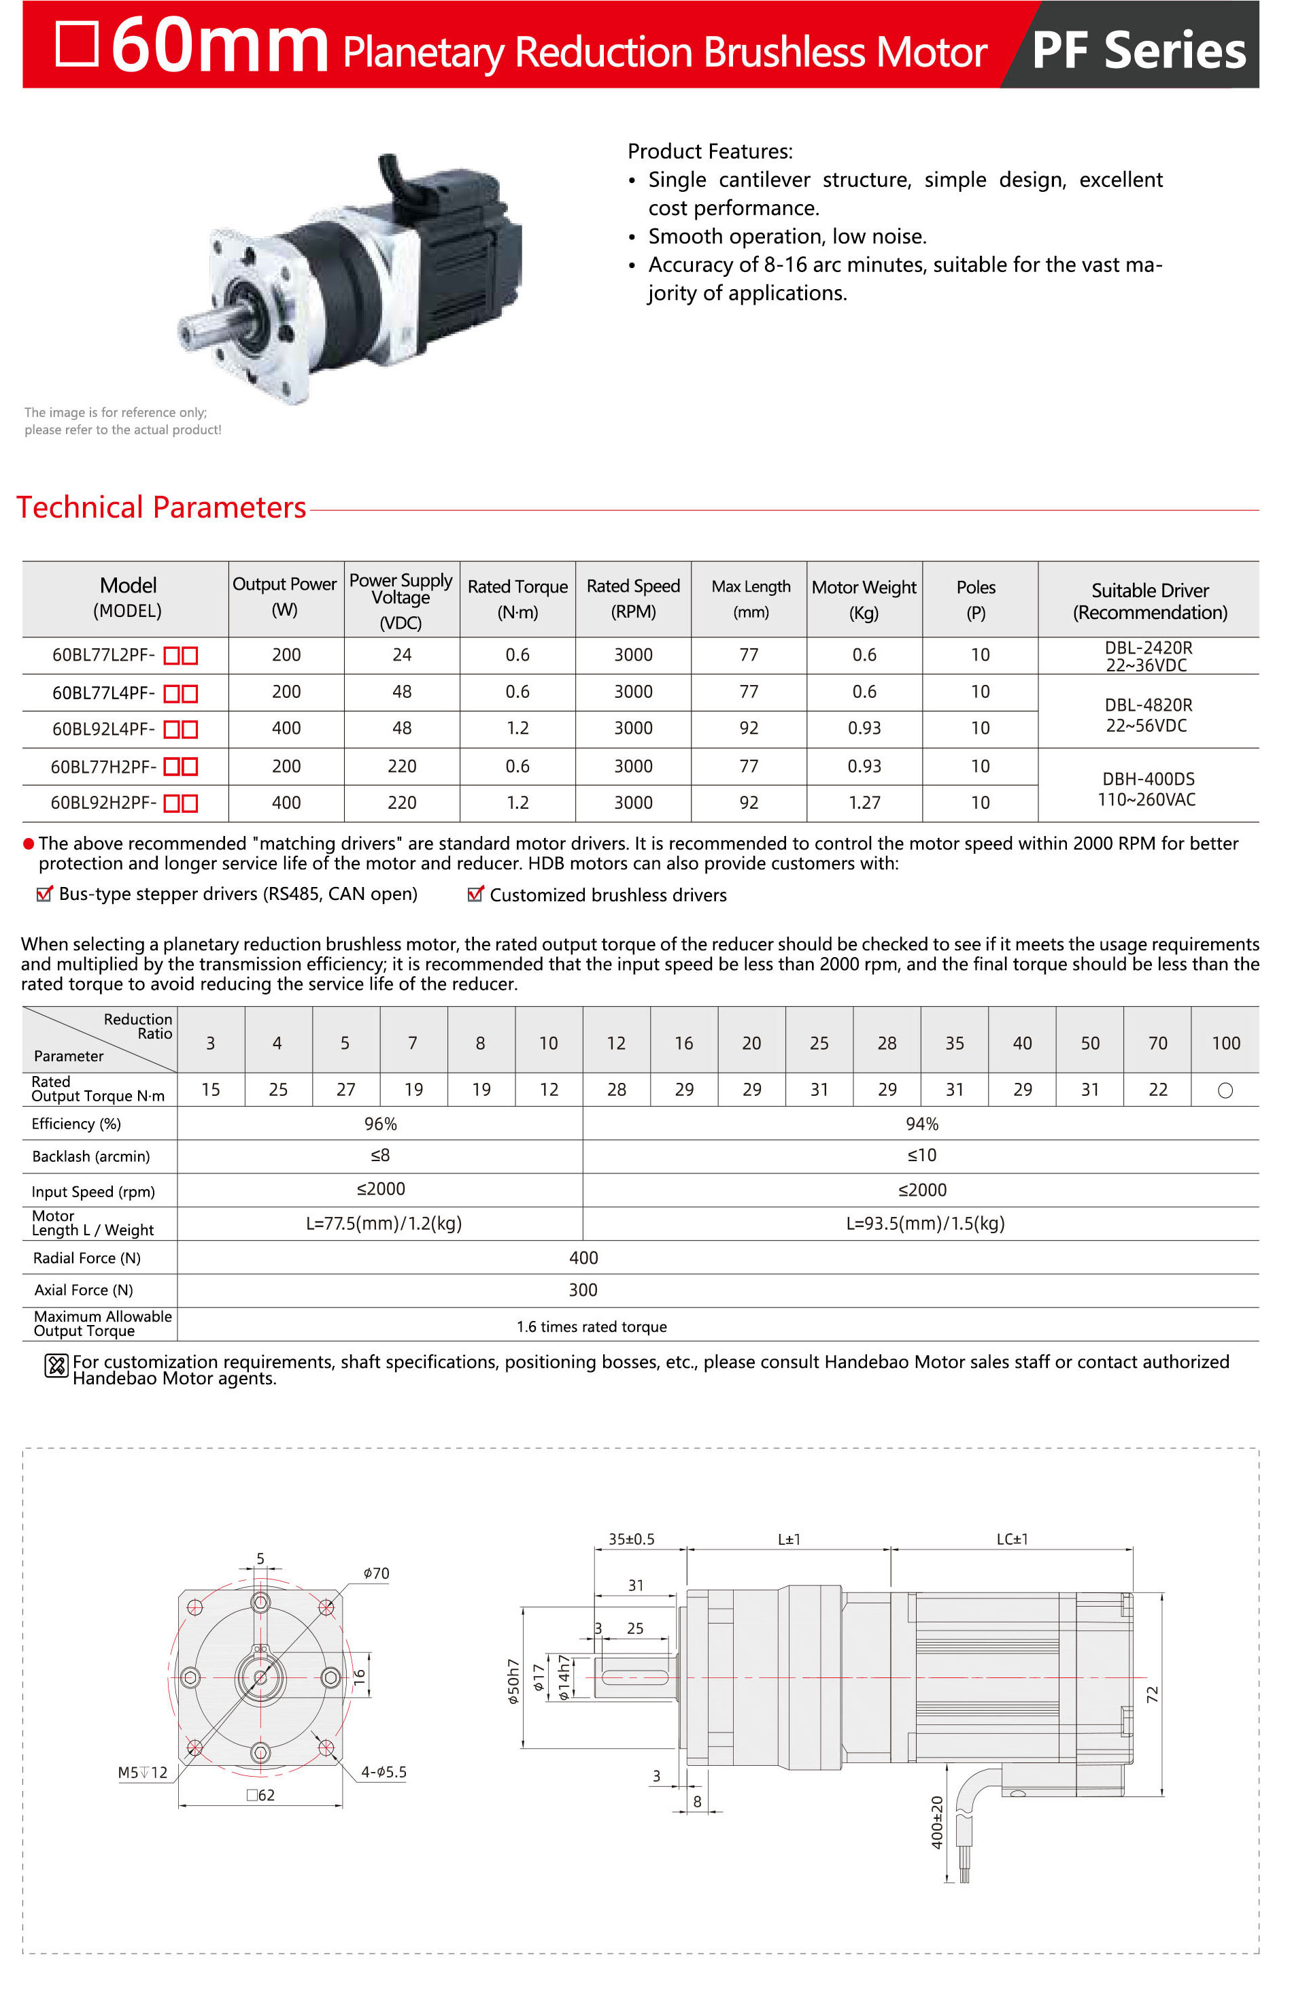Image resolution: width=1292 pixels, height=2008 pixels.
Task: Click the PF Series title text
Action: point(1138,50)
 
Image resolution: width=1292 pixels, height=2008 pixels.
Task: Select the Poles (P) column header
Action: point(976,599)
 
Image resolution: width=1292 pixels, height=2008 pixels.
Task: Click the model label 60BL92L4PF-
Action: point(103,729)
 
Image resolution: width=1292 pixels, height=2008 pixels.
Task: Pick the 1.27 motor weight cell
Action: point(864,803)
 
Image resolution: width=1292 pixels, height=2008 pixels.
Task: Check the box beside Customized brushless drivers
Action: point(475,894)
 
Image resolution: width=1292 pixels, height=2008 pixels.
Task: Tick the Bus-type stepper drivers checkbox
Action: point(44,894)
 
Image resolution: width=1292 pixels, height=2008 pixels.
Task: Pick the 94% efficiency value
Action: point(921,1124)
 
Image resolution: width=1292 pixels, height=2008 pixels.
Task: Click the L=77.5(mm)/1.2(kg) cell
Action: point(384,1224)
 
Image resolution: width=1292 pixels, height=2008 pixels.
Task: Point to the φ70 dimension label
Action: point(376,1573)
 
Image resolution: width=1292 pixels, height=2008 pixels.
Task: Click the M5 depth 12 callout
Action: point(143,1773)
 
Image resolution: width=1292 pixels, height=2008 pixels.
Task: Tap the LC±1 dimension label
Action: point(1012,1540)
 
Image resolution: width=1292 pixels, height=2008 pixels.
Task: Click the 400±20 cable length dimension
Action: point(937,1822)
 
